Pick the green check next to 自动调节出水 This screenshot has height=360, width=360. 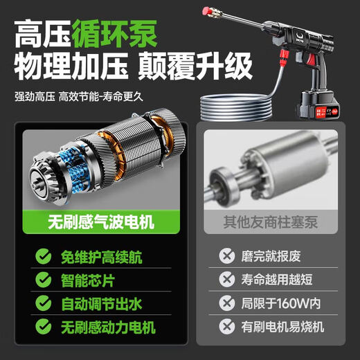coord(43,303)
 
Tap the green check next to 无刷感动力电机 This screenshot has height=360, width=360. coord(43,326)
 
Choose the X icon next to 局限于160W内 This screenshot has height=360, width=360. coord(226,303)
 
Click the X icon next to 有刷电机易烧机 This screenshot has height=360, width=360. coord(226,326)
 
